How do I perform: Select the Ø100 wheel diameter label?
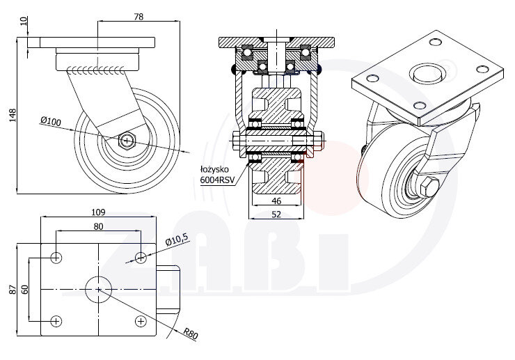(x=51, y=122)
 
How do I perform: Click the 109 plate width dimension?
(x=98, y=212)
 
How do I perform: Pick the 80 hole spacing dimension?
(x=98, y=226)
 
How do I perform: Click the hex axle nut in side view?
(x=127, y=140)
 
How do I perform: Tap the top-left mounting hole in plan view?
(x=56, y=258)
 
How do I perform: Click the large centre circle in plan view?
(x=98, y=288)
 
